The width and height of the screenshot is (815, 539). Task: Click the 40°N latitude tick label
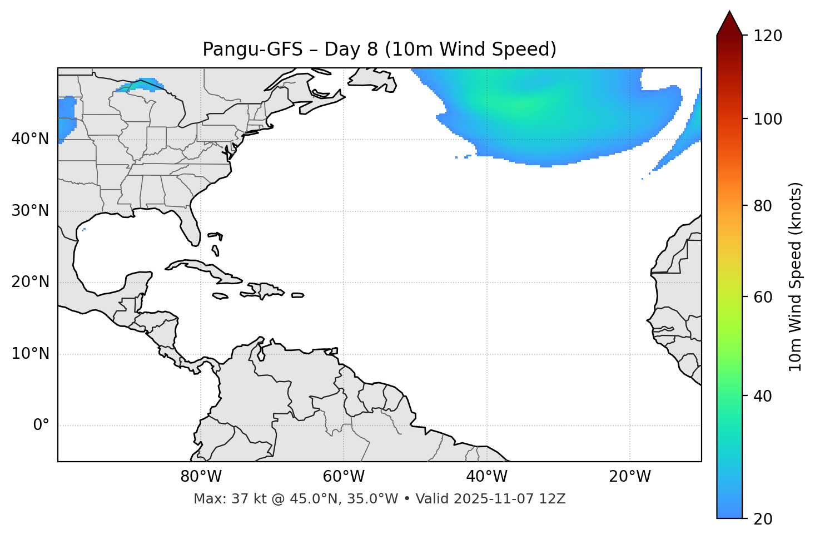30,139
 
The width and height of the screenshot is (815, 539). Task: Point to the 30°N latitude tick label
30,211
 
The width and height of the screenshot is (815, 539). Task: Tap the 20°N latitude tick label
30,282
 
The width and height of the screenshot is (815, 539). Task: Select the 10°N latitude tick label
30,354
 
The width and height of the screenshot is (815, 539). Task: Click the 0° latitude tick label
41,426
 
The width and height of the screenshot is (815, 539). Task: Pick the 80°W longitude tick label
201,477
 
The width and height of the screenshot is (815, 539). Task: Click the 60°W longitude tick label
344,477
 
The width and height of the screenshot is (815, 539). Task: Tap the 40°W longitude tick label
486,477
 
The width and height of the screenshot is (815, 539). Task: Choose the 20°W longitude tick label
629,477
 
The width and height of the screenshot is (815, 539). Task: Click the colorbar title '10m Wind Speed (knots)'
796,276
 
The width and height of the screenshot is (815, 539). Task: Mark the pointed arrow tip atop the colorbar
729,12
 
